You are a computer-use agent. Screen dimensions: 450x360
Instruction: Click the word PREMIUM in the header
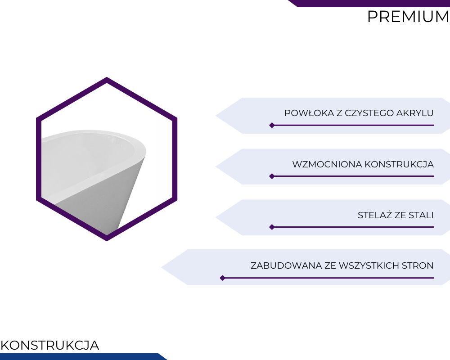[x=409, y=17]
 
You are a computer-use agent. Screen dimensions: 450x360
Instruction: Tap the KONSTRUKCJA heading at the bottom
[x=50, y=345]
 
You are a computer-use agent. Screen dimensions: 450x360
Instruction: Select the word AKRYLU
[x=415, y=113]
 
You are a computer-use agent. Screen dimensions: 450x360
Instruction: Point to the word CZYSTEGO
[x=369, y=113]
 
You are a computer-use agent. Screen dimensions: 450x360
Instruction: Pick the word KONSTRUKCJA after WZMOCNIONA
[x=399, y=165]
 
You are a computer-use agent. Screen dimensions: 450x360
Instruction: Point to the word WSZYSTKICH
[x=369, y=265]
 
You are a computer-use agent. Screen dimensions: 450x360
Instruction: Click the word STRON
[x=418, y=265]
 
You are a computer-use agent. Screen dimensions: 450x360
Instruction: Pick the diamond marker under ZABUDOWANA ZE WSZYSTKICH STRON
[x=222, y=278]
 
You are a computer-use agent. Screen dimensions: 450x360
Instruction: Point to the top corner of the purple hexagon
[x=107, y=77]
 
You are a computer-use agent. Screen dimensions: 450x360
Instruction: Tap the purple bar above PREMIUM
[x=369, y=3]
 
